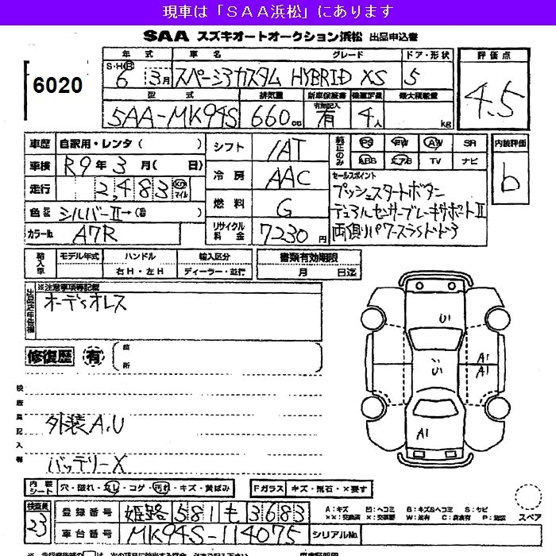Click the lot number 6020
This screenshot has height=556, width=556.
(59, 85)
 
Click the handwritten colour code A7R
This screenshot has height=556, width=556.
(83, 235)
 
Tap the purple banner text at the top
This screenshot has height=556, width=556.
(277, 11)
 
